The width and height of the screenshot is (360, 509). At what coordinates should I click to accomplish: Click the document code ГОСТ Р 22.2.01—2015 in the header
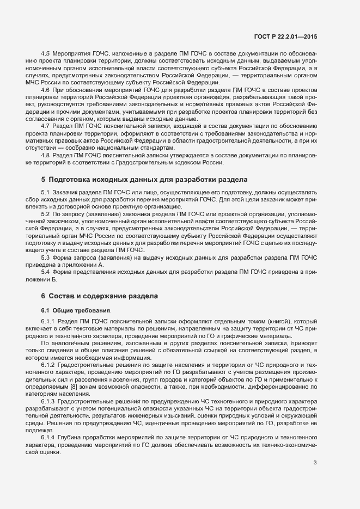[x=285, y=36]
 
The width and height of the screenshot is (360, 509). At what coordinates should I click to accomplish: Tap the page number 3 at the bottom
[x=315, y=447]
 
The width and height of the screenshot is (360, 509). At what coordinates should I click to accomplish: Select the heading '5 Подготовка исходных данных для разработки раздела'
[x=144, y=179]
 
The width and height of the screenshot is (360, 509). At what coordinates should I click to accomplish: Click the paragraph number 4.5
[x=46, y=54]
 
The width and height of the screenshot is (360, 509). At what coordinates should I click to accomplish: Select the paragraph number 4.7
[x=46, y=125]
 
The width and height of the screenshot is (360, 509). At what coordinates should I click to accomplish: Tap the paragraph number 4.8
[x=46, y=155]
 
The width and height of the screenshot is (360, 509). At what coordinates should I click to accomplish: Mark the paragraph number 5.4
[x=46, y=272]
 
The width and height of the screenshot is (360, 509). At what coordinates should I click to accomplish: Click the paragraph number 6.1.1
[x=48, y=322]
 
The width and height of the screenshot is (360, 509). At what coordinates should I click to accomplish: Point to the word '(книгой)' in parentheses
[x=265, y=322]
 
